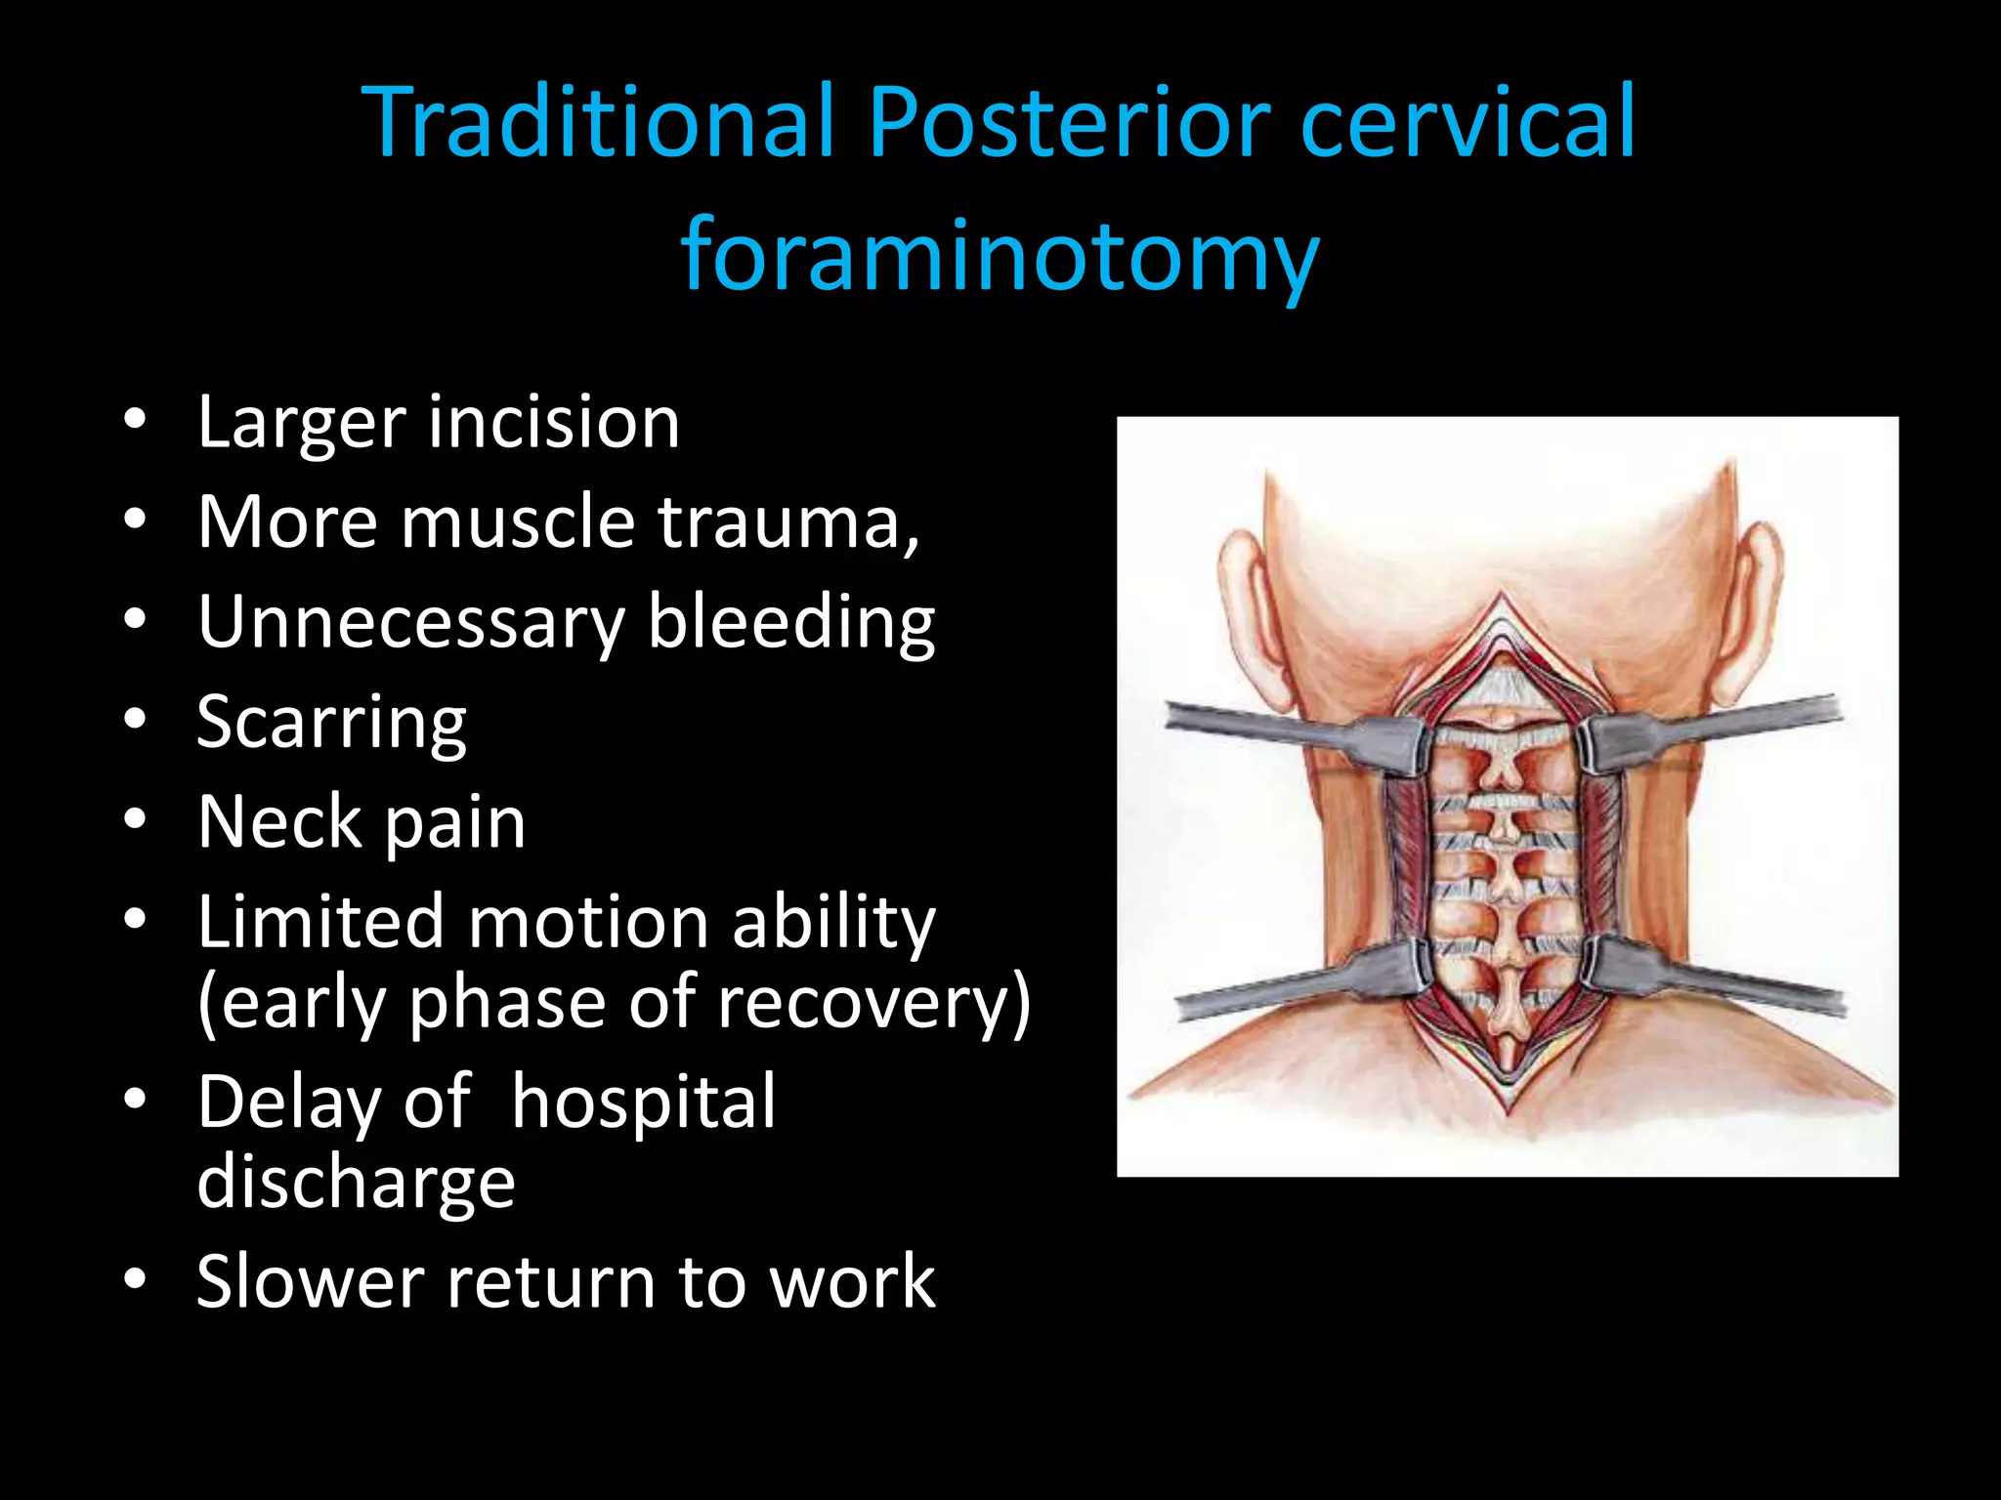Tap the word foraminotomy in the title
[1000, 256]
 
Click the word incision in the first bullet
[554, 423]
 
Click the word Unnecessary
[410, 623]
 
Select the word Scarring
[331, 724]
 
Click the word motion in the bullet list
[588, 922]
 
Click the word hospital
[643, 1103]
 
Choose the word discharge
[356, 1183]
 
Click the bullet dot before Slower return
[135, 1278]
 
